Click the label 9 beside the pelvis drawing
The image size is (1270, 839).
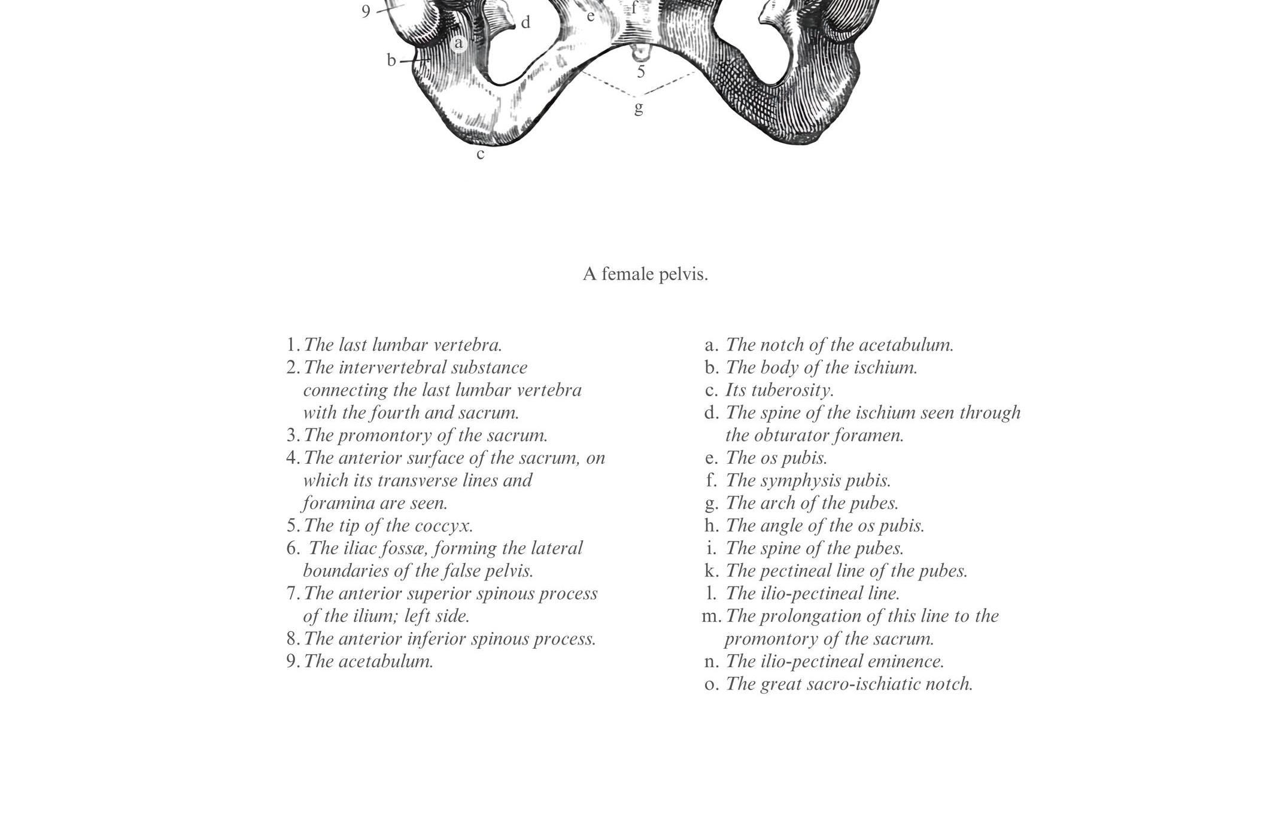(x=366, y=11)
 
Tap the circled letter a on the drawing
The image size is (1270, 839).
(x=458, y=43)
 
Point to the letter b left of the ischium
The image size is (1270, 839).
(x=391, y=60)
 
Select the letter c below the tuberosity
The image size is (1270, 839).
(x=480, y=154)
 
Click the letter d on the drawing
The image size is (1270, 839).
(x=525, y=23)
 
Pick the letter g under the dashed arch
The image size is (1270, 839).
(x=639, y=108)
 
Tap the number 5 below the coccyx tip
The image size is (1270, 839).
(x=641, y=72)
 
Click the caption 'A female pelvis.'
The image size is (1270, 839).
(x=645, y=274)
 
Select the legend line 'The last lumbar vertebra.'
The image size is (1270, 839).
(x=402, y=345)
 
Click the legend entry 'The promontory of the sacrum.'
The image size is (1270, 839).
(x=425, y=435)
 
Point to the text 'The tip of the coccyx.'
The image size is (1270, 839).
(x=388, y=525)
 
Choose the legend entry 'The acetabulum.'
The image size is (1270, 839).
(x=368, y=661)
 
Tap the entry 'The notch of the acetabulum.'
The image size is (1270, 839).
(x=839, y=345)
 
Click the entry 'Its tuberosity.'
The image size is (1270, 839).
(x=779, y=390)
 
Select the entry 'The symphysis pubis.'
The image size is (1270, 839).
(x=808, y=481)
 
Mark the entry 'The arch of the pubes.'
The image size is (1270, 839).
(x=812, y=503)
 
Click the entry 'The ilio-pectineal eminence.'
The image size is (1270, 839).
(x=834, y=661)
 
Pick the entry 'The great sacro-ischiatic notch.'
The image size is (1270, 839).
(x=849, y=684)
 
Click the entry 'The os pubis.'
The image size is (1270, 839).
(x=776, y=458)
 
